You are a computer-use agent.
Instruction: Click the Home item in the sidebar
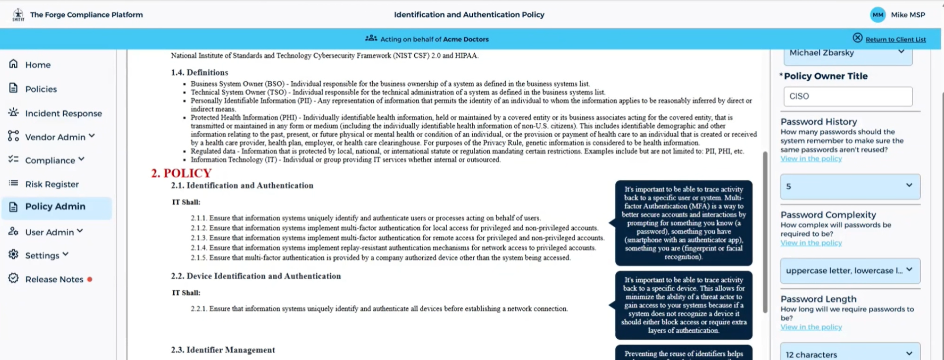click(38, 65)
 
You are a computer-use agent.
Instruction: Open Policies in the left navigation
click(41, 89)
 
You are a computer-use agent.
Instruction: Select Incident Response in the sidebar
click(63, 113)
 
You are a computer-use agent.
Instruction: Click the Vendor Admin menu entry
click(55, 137)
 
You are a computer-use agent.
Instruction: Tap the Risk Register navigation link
click(51, 184)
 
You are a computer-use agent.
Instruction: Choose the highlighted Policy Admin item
click(55, 206)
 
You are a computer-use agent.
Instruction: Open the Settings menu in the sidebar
click(42, 256)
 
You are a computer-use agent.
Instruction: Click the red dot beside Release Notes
click(90, 279)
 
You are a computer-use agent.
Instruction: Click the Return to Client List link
click(895, 40)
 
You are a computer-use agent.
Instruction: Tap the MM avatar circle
click(878, 15)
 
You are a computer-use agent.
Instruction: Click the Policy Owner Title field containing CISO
click(847, 97)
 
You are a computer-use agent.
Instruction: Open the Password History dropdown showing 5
click(850, 186)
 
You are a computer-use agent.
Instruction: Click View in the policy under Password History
click(811, 159)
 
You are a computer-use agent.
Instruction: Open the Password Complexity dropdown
click(850, 270)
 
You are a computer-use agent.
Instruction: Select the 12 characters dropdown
click(850, 354)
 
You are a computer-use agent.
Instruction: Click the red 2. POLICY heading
click(181, 173)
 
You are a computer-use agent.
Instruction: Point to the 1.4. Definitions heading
click(199, 73)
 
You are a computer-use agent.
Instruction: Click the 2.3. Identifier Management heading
click(223, 350)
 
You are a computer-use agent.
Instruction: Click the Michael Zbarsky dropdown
click(847, 53)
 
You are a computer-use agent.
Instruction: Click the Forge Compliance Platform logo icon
click(18, 15)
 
